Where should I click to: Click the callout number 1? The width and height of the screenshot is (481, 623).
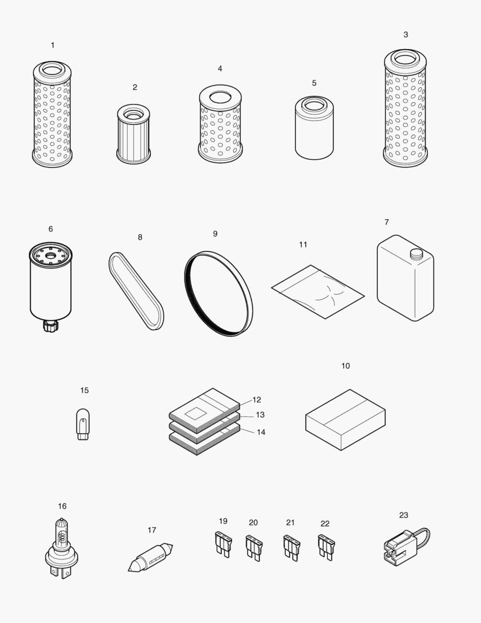53,45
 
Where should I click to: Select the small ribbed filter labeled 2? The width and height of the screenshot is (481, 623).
134,134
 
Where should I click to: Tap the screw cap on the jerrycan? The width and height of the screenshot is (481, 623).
416,253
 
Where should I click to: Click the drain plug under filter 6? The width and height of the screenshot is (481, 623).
48,326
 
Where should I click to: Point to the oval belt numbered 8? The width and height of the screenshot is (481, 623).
136,291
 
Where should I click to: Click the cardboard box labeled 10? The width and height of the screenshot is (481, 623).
345,419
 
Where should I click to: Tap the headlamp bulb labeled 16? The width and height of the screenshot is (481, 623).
61,549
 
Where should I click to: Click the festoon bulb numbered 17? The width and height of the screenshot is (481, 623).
150,557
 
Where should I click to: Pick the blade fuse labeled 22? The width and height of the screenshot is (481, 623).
325,546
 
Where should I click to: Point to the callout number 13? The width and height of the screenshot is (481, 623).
260,415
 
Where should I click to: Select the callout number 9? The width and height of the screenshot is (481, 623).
215,234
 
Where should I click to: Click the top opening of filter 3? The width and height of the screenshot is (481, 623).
405,58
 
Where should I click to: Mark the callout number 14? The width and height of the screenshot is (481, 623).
261,432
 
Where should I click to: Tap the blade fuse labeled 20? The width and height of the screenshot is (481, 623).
253,547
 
